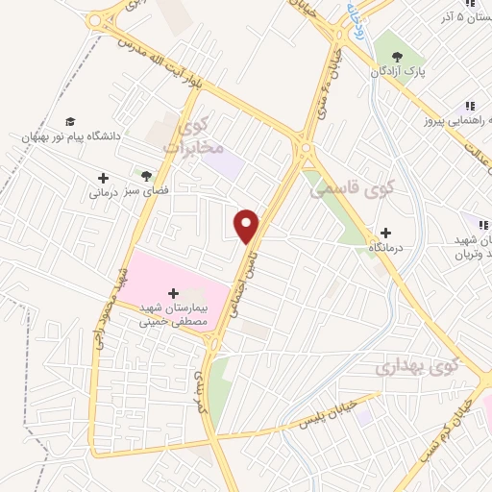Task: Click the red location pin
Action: pyautogui.click(x=248, y=226)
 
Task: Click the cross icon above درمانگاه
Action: pyautogui.click(x=385, y=233)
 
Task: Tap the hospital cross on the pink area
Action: pyautogui.click(x=173, y=292)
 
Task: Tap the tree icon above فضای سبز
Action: pyautogui.click(x=146, y=176)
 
